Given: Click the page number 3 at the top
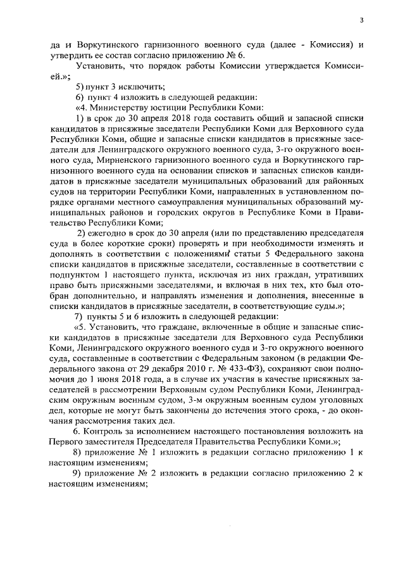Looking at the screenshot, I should coord(361,21).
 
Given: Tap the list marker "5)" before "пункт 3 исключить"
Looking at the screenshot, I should coord(80,86).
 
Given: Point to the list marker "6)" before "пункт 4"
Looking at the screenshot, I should coord(80,97).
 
